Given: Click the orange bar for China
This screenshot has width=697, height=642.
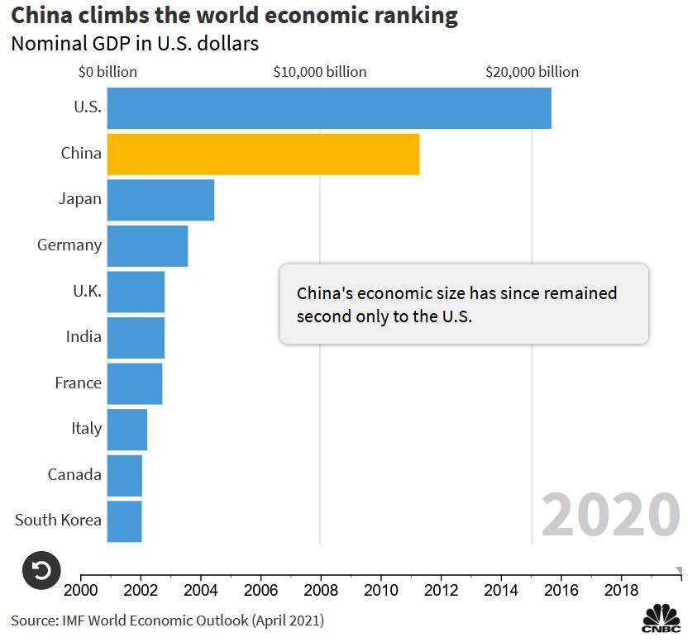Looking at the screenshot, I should point(263,154).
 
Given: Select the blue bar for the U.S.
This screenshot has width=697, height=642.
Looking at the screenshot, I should point(329,107).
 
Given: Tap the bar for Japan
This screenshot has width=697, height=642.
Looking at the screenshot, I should point(160,199).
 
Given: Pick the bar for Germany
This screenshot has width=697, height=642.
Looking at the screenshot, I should point(147,245).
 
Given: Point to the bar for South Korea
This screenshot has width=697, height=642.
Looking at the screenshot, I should point(124,521).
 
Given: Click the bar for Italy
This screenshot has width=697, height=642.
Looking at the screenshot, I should point(127,429).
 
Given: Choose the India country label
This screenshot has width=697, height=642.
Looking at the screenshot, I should point(84,337).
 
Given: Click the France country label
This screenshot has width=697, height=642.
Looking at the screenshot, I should point(78,383).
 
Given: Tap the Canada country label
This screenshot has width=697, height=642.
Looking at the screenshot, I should point(74,474).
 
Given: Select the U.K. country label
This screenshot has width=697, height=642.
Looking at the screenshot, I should point(86,291).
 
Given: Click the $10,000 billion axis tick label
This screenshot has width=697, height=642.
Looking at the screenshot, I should point(319,72).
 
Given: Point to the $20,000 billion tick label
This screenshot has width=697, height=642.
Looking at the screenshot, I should point(532,72).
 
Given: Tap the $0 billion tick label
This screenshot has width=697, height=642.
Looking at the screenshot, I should point(107,72).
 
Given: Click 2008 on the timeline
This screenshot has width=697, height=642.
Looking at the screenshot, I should point(321,591).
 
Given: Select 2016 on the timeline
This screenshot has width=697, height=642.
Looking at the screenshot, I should point(561,591).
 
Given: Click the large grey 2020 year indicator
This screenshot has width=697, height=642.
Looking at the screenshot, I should point(610,515).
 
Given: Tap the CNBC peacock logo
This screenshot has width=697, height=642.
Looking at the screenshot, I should point(661,619).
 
